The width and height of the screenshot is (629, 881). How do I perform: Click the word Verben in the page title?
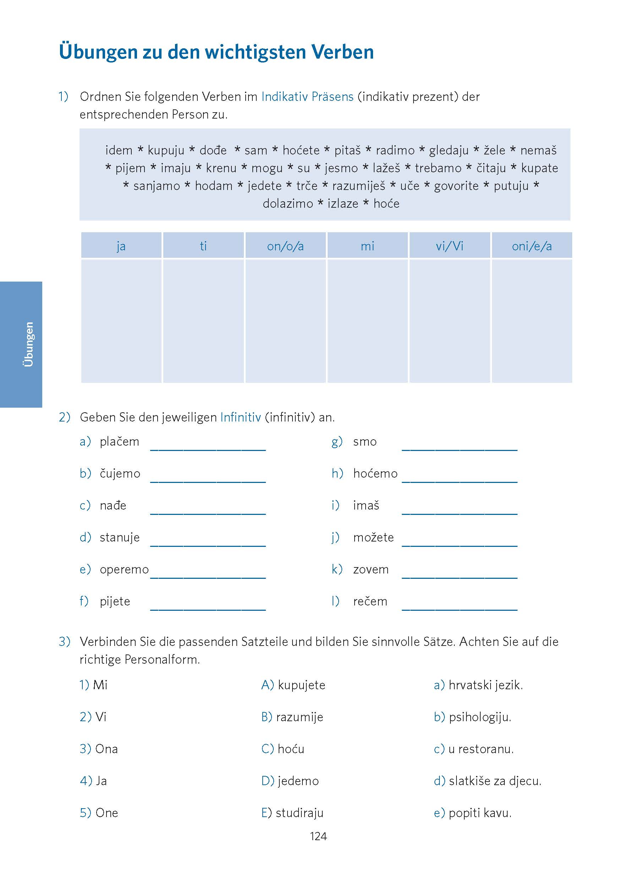point(343,52)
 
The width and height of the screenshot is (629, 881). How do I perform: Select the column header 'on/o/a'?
point(285,246)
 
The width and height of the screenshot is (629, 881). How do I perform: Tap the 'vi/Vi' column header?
point(449,246)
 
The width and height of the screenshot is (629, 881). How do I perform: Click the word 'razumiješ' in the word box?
point(359,186)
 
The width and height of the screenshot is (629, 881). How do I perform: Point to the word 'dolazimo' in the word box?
point(288,204)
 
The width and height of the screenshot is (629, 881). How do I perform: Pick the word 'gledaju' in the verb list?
point(449,150)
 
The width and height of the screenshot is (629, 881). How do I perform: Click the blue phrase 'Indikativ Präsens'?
point(307,97)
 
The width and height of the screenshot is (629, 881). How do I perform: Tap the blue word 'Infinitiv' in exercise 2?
point(241,417)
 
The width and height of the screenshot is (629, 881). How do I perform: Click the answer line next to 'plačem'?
point(208,446)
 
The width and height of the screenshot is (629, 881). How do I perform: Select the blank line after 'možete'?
point(459,542)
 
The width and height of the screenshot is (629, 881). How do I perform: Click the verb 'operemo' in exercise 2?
point(124,570)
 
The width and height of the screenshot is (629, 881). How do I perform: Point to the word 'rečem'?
point(370,601)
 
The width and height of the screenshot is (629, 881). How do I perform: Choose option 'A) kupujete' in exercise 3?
point(293,685)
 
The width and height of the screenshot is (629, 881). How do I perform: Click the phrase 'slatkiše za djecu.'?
point(494,781)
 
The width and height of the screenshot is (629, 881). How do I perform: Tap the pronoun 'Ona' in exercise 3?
point(106,749)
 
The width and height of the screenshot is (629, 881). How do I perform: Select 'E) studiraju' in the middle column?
point(292,813)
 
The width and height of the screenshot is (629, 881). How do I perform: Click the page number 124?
point(318,837)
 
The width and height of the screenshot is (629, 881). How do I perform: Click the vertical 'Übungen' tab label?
point(28,344)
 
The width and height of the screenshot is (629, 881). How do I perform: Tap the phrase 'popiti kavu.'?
point(480,813)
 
